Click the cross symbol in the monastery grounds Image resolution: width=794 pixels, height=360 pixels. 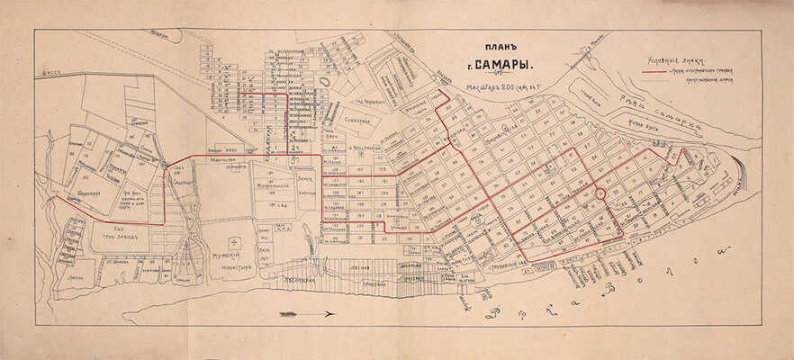[x=233, y=241]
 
